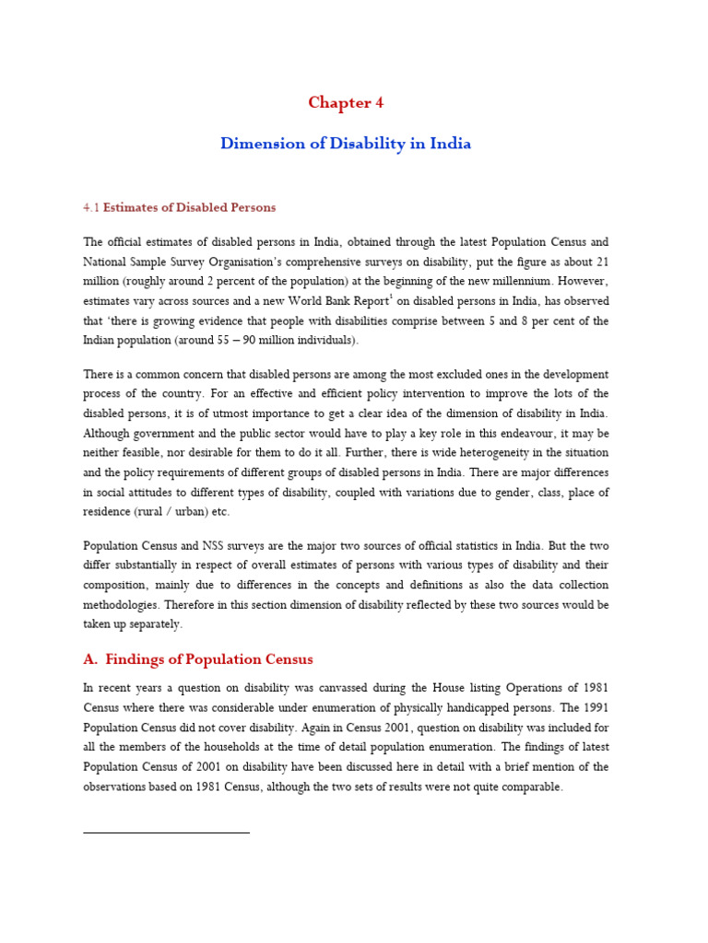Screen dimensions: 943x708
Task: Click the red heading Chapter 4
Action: (346, 103)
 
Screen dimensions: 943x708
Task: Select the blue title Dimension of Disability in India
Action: (346, 144)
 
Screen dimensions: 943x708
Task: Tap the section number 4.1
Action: (91, 207)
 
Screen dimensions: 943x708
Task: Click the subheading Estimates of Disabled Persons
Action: (189, 207)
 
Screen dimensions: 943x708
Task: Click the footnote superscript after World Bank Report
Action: (395, 297)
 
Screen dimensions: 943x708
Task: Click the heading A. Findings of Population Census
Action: (198, 659)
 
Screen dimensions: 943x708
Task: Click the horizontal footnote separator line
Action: (166, 832)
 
